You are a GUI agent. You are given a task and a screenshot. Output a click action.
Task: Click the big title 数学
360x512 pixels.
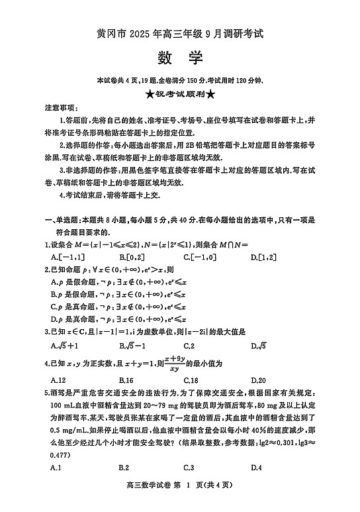tap(180, 58)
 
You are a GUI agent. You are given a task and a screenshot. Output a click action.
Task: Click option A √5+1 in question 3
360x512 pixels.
tap(65, 345)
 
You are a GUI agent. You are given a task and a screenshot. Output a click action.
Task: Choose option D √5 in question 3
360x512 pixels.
tap(258, 345)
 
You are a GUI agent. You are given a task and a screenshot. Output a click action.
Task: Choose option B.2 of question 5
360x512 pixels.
tap(124, 468)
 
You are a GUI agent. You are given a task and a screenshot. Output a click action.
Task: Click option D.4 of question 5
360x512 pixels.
tap(257, 468)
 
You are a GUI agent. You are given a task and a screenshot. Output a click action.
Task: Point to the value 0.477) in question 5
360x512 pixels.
tap(60, 455)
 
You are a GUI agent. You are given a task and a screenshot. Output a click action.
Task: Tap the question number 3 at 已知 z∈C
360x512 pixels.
tap(45, 331)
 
